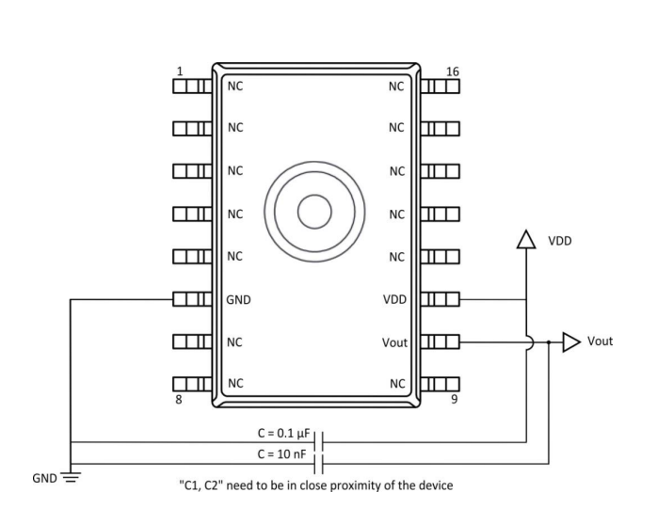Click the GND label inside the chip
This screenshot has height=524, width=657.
[239, 300]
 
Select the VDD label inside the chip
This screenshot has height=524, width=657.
[395, 300]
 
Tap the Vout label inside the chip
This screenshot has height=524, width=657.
[394, 343]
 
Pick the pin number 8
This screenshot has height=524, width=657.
[178, 400]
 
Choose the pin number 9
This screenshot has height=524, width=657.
[454, 400]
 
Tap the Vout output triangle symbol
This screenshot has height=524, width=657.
[571, 342]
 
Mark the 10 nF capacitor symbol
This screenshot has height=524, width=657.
[319, 463]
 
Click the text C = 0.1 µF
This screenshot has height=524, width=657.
[283, 434]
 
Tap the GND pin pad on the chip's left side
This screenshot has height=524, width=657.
[191, 300]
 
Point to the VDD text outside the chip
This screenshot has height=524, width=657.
[561, 241]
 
